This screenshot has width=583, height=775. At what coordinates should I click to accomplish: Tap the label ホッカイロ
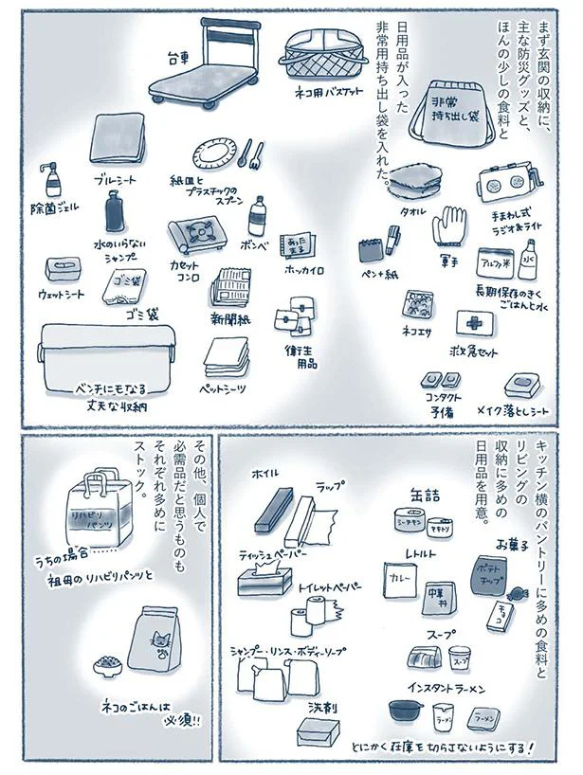pos(307,270)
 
